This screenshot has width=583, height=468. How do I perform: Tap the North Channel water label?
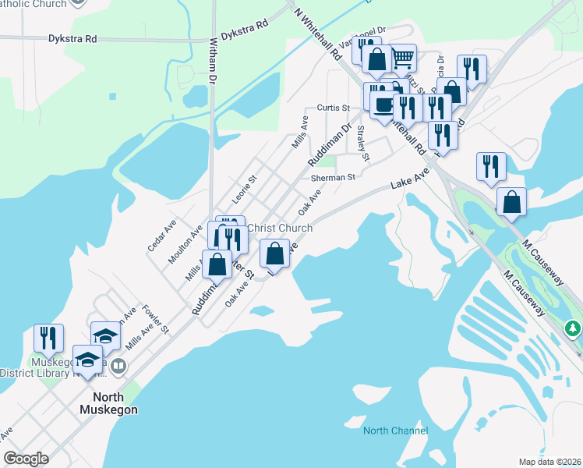point(395,431)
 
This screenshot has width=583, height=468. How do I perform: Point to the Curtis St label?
point(332,108)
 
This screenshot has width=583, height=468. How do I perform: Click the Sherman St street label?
point(333,178)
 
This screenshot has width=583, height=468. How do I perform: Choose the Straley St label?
point(364,145)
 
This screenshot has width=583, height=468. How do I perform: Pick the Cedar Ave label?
point(162,235)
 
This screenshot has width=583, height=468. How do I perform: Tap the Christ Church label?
point(279,228)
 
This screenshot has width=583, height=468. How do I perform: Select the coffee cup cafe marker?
point(382,105)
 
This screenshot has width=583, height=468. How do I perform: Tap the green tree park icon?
point(574,328)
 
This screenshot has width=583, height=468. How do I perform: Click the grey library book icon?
point(118,365)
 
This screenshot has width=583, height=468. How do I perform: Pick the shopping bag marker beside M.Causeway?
point(511,201)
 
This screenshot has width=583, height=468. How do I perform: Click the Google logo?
point(26,459)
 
